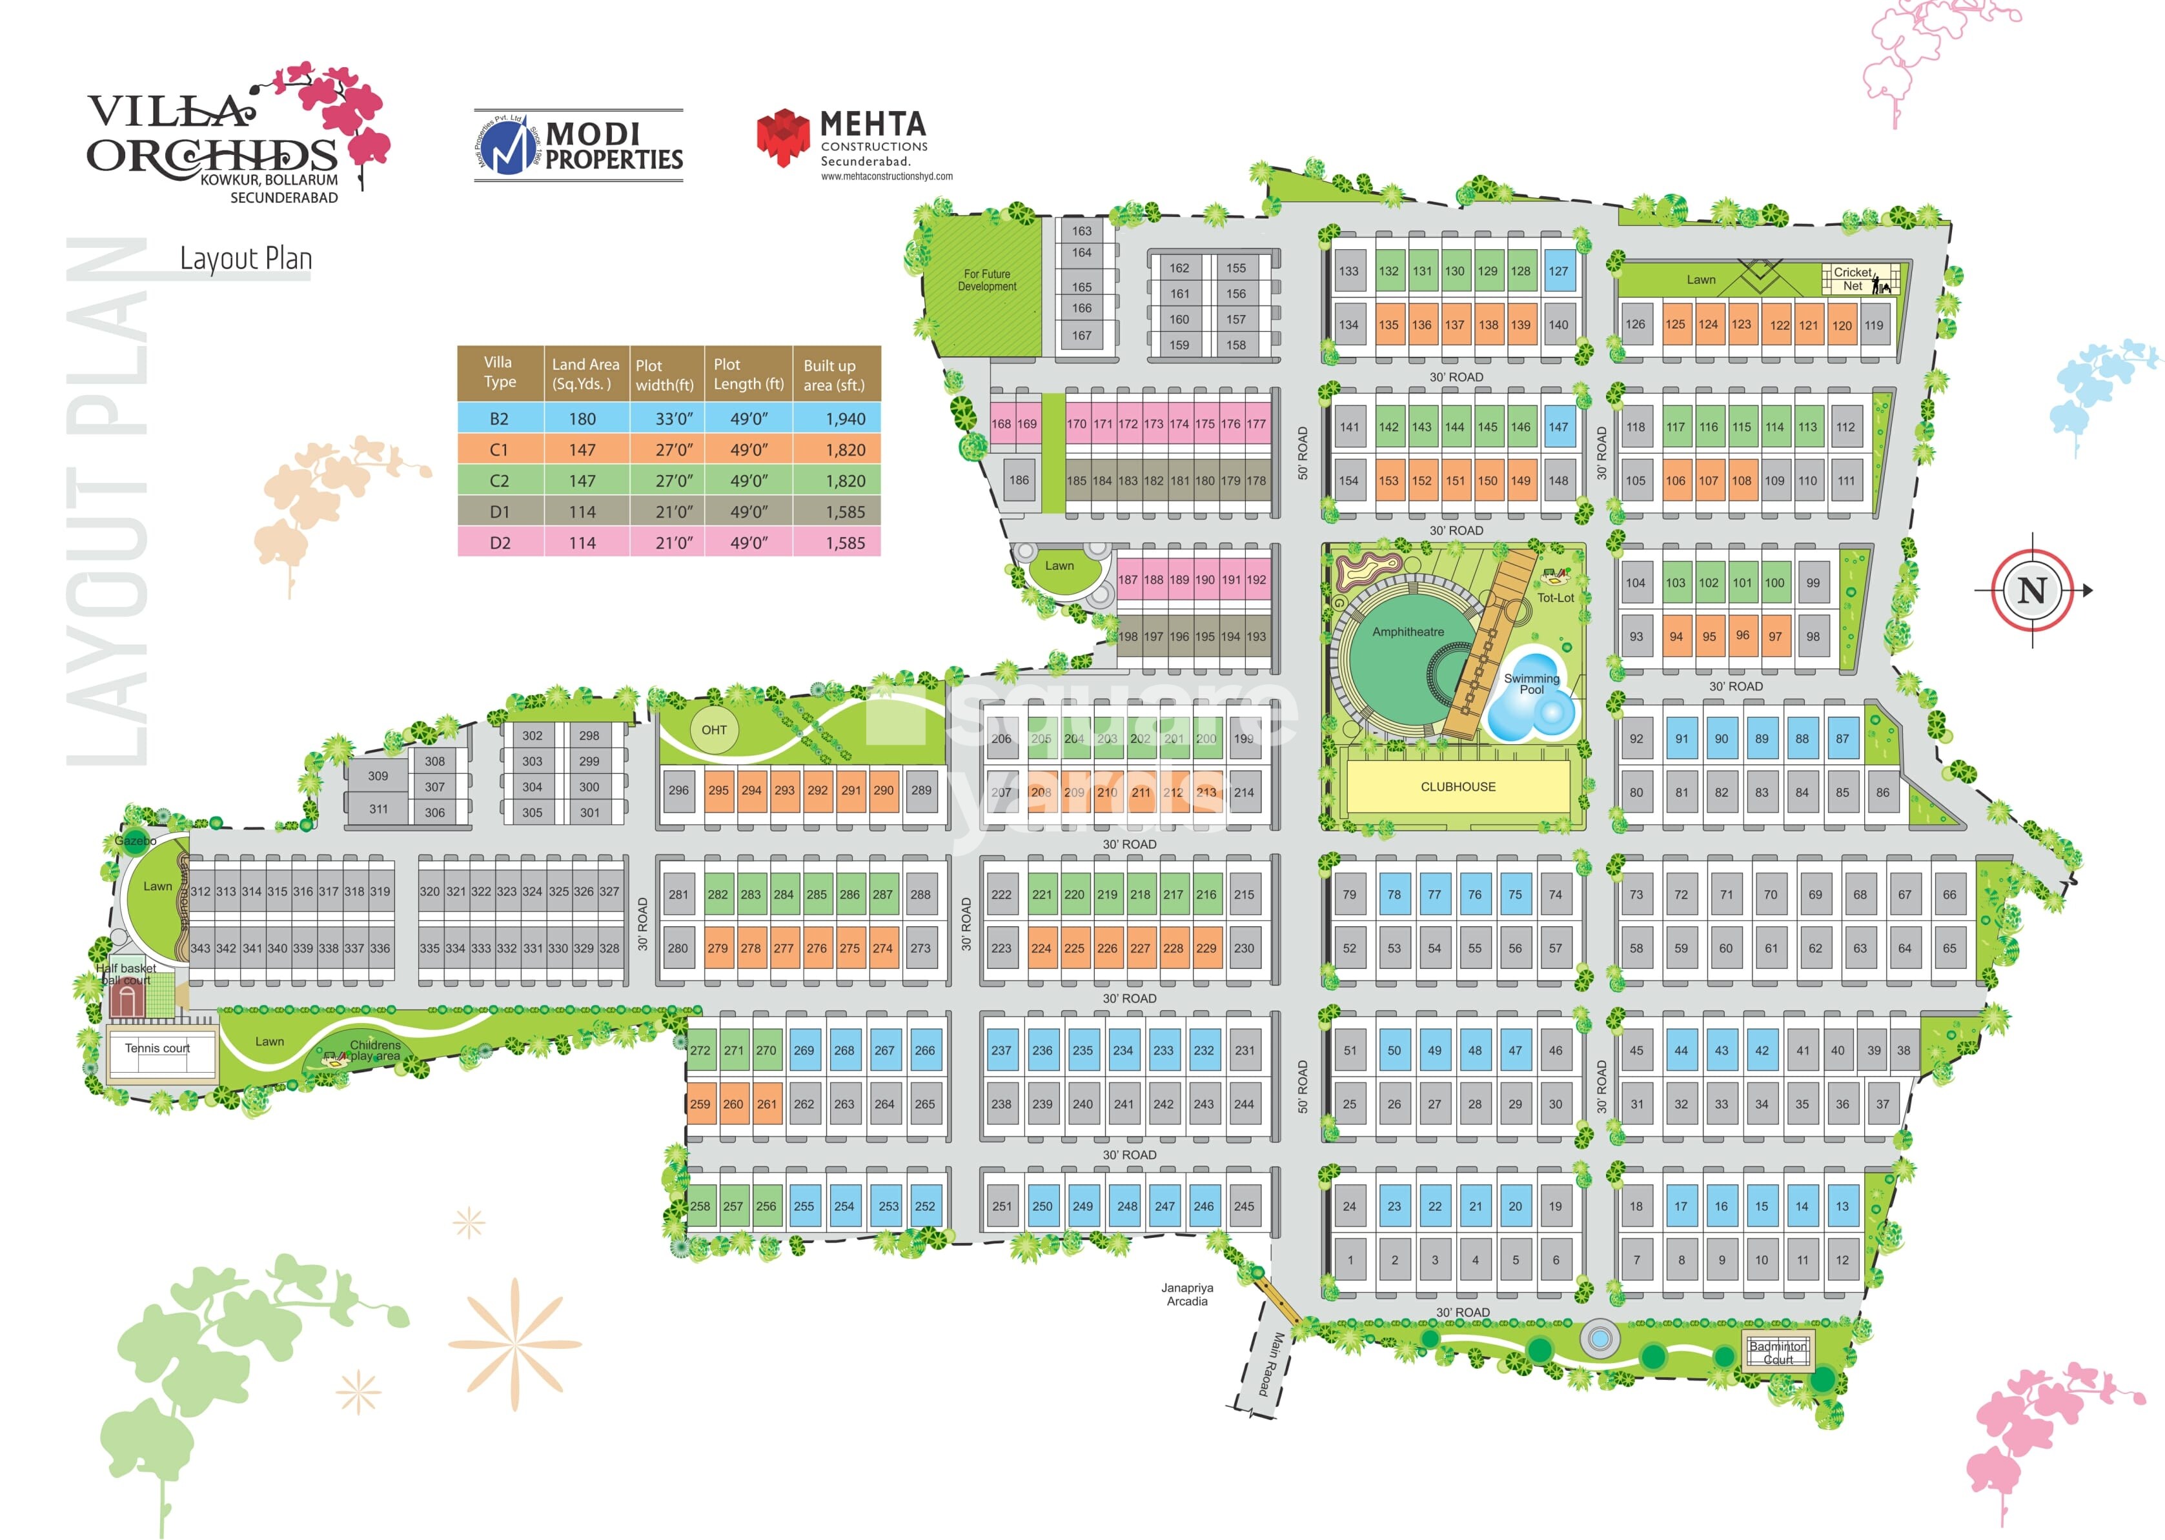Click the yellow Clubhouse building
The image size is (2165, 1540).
(1457, 787)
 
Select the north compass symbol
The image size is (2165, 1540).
(2031, 590)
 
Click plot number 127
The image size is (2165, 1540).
(1558, 271)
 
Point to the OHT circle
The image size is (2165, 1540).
(714, 730)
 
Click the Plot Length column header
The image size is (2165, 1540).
(748, 374)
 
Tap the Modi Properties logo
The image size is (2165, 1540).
(578, 145)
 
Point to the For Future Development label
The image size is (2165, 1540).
(986, 279)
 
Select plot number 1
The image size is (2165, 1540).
(1350, 1261)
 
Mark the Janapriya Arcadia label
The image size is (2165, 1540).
(1186, 1294)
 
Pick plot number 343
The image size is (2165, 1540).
(200, 948)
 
